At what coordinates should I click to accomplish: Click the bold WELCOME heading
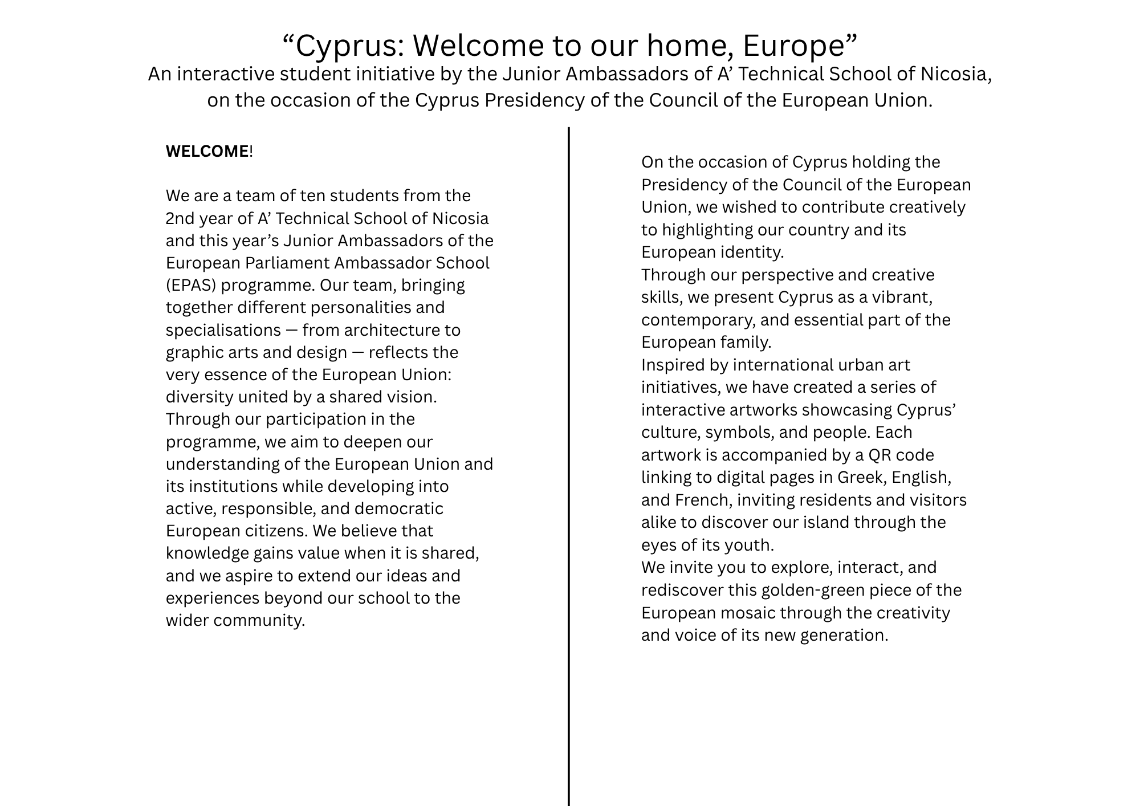pos(207,152)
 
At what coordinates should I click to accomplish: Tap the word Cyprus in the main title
pos(349,46)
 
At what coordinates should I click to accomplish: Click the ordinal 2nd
pos(180,219)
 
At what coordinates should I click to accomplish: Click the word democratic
pos(399,509)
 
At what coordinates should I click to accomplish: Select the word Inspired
pos(673,365)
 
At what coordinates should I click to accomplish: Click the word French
pos(703,500)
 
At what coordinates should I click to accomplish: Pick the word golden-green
pos(813,591)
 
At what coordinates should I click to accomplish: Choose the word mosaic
pos(746,613)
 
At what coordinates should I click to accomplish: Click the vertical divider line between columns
pos(569,456)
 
